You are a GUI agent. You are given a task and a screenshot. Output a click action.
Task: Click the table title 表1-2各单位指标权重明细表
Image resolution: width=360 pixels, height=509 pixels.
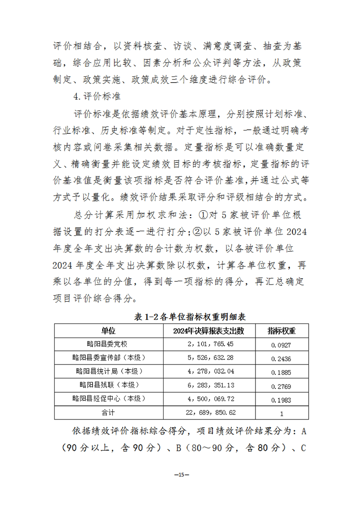(180, 317)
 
